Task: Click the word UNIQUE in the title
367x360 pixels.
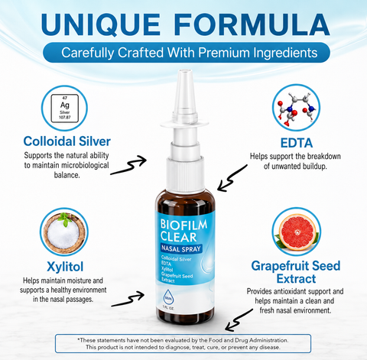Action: (101, 24)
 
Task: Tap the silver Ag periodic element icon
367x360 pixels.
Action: (65, 109)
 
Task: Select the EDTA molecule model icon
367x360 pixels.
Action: (296, 108)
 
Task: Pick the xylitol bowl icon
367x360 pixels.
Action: (64, 232)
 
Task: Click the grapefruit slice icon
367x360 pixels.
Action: (297, 232)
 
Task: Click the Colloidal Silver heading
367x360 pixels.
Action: (67, 141)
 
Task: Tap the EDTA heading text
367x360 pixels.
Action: (297, 143)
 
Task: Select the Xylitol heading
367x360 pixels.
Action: (65, 267)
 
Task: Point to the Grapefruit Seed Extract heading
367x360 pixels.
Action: (296, 272)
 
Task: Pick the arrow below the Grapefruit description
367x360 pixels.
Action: (238, 320)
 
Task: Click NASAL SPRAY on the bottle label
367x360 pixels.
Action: (181, 248)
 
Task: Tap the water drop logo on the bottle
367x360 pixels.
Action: (168, 297)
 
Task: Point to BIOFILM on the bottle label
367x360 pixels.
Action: (183, 225)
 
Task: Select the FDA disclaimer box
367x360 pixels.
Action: (183, 344)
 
